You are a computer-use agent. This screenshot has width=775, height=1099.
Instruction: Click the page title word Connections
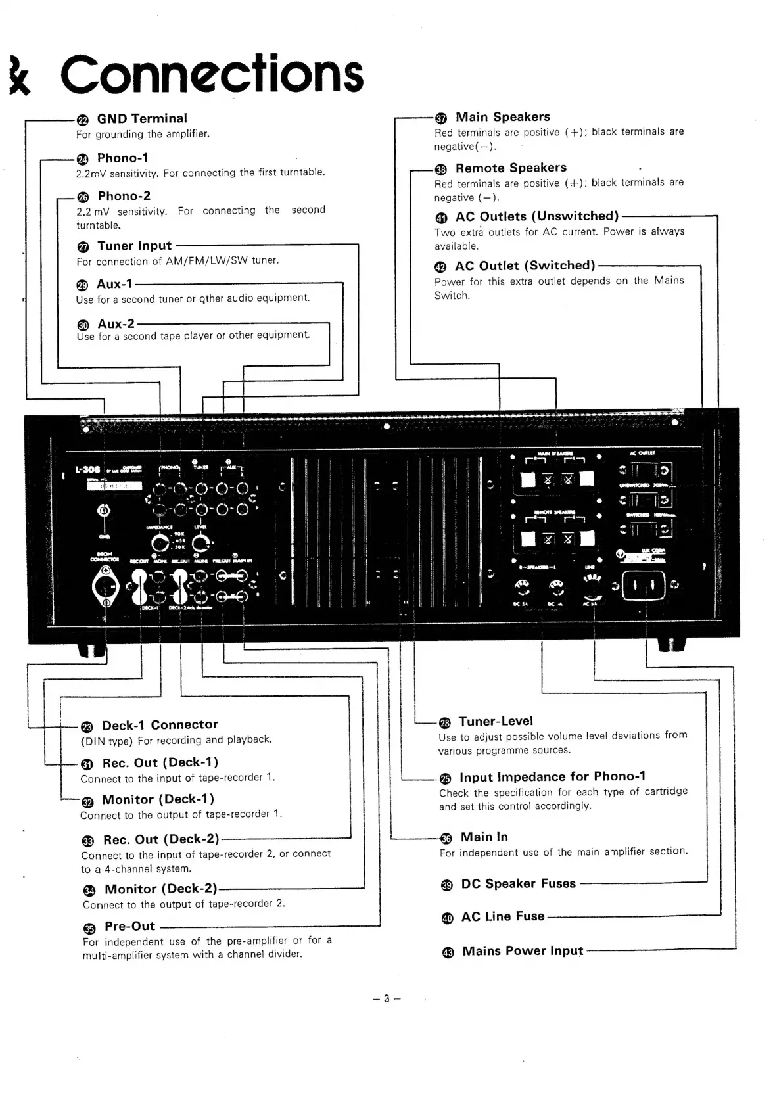coord(212,74)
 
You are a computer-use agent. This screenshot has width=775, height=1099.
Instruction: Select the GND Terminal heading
coord(142,119)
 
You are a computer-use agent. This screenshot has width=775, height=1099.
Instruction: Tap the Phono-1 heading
coord(123,158)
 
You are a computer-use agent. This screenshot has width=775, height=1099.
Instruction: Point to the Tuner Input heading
coord(134,246)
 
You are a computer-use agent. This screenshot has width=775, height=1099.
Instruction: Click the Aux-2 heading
coord(116,323)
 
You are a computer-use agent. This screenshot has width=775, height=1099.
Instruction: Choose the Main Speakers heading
coord(503,117)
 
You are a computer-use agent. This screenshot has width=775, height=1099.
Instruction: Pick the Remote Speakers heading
coord(511,168)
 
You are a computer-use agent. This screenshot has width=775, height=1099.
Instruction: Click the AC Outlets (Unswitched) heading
coord(536,216)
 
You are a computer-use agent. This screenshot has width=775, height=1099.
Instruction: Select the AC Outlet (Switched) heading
coord(525,266)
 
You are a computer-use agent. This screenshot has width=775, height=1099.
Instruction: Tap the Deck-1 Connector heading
coord(160,725)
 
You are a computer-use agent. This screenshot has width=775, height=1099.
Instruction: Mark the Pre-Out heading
coord(129,926)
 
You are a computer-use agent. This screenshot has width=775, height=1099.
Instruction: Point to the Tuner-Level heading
coord(496,721)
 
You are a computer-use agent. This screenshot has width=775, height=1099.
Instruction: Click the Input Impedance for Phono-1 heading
coord(552,777)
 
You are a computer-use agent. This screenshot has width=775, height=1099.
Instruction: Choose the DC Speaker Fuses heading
coord(518,884)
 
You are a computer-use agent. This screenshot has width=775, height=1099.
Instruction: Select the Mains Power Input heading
coord(523,951)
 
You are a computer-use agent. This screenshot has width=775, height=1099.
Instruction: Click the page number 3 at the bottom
coord(387,999)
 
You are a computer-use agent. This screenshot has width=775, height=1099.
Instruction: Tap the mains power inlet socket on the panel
coord(644,586)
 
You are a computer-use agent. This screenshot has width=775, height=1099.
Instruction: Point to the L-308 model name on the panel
coord(87,471)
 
